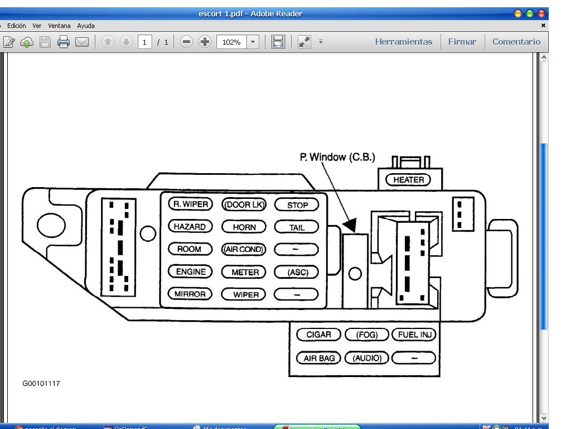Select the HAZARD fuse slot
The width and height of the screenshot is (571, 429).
(190, 227)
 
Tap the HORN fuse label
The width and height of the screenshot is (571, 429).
(244, 227)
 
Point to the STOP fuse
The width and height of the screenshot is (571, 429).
(297, 205)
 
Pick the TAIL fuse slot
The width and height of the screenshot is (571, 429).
(297, 227)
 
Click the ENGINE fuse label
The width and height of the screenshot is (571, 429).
(191, 271)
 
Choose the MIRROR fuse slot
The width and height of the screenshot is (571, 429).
(190, 294)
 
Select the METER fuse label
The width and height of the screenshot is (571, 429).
(245, 272)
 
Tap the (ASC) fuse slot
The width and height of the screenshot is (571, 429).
(297, 272)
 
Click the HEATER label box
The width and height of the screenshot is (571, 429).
(409, 180)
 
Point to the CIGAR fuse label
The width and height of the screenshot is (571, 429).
(318, 335)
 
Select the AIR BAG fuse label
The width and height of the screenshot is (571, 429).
(318, 358)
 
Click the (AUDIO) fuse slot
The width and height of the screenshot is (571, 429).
(367, 358)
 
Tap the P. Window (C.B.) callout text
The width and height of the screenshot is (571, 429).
(337, 157)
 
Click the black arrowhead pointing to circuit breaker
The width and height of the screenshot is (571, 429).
(350, 225)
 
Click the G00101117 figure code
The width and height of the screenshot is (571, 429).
(41, 384)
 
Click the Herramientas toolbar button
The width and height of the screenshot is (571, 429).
(404, 42)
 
